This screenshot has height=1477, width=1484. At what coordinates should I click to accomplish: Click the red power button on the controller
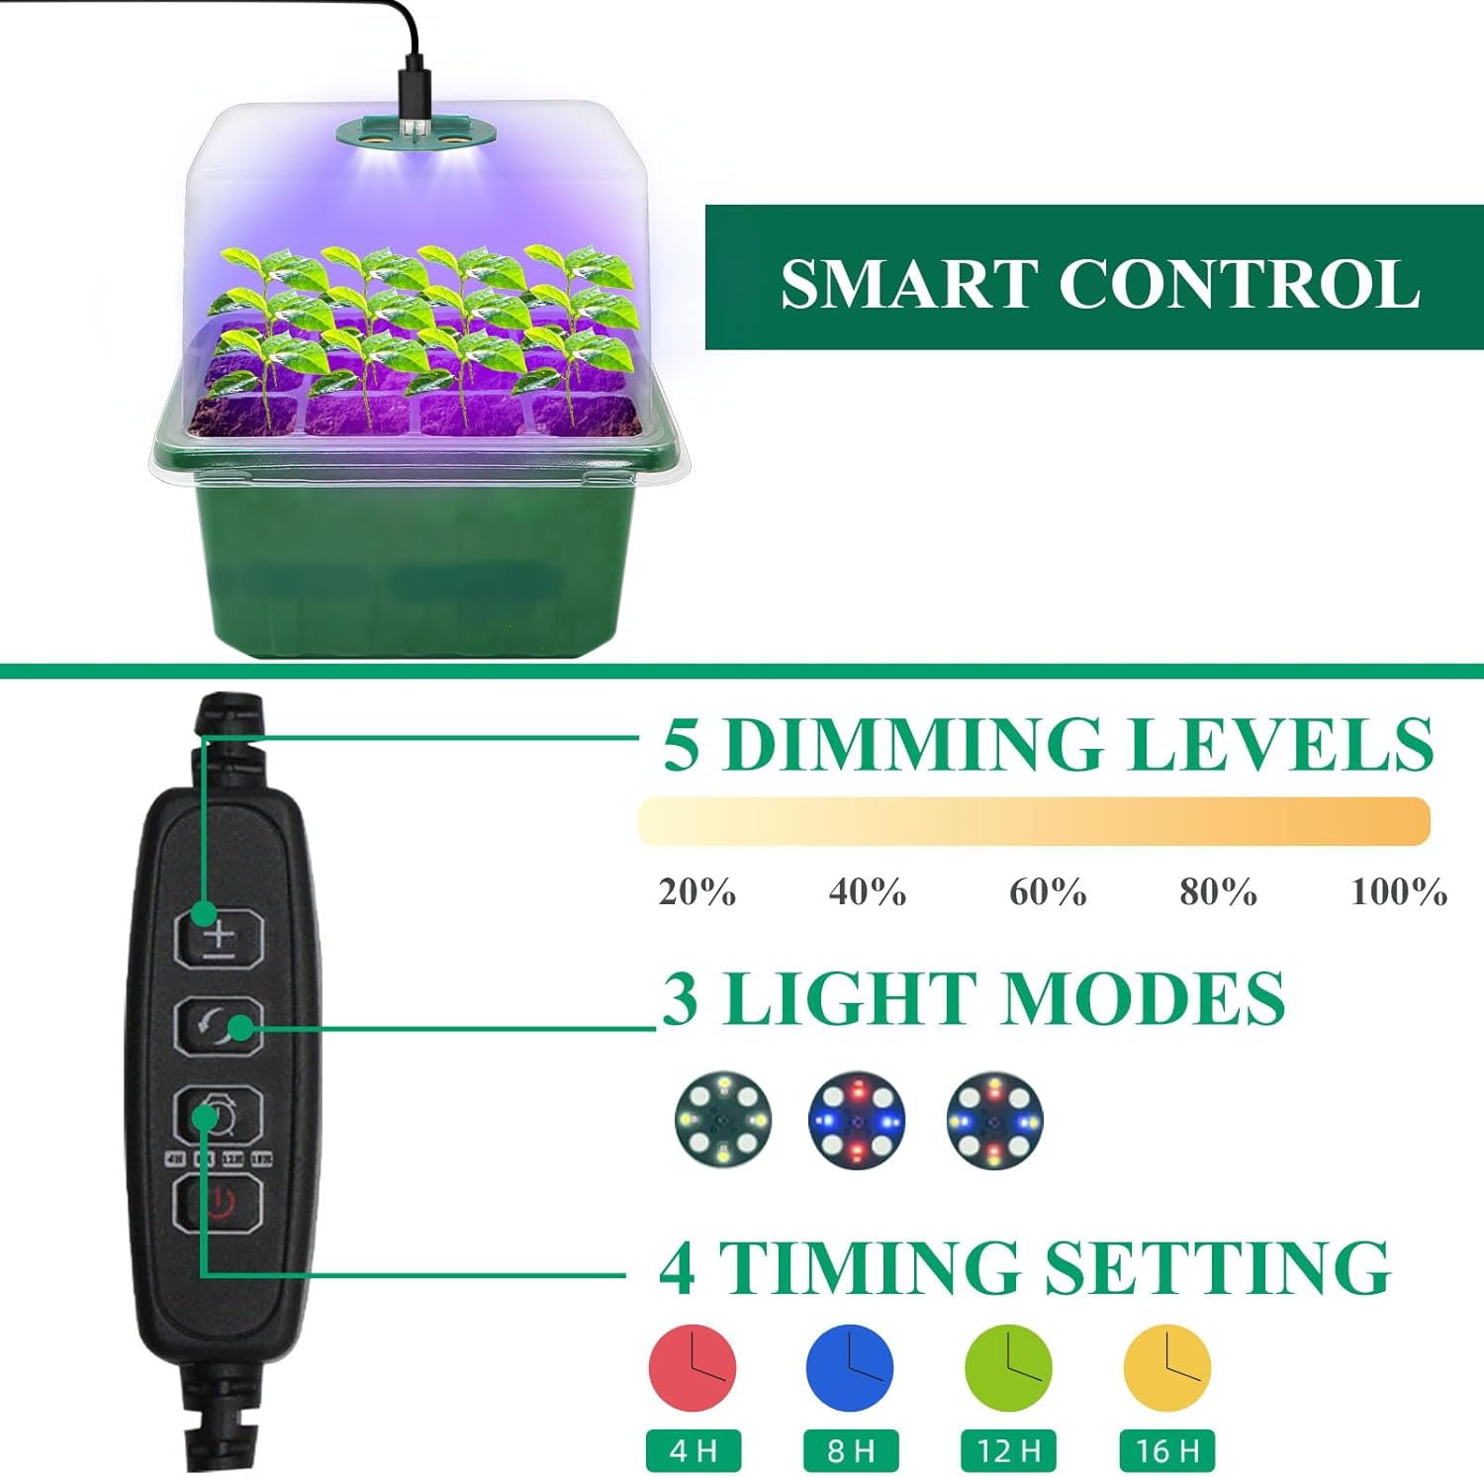(219, 1204)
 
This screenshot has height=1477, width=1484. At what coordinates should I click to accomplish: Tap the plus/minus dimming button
(219, 938)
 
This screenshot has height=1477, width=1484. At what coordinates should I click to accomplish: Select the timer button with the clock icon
(219, 1116)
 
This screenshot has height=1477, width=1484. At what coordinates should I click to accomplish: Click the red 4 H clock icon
(693, 1368)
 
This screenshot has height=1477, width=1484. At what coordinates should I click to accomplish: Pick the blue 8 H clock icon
(850, 1368)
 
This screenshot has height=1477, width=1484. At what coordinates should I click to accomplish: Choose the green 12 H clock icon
(1008, 1368)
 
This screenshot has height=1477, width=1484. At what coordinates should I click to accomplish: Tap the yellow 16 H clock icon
(1167, 1368)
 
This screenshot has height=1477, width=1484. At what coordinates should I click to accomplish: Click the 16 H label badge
(1167, 1451)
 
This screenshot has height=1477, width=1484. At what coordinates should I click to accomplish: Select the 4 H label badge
(693, 1451)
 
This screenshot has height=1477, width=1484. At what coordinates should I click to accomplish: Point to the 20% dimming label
(697, 892)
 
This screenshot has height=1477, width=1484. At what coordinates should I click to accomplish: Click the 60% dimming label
(1048, 892)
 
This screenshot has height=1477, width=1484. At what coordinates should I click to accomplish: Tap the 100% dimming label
(1399, 892)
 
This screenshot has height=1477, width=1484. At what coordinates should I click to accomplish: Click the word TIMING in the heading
(870, 1267)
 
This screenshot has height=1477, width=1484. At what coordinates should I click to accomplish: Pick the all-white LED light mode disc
(723, 1120)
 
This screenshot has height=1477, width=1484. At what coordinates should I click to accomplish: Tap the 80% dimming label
(1218, 892)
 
